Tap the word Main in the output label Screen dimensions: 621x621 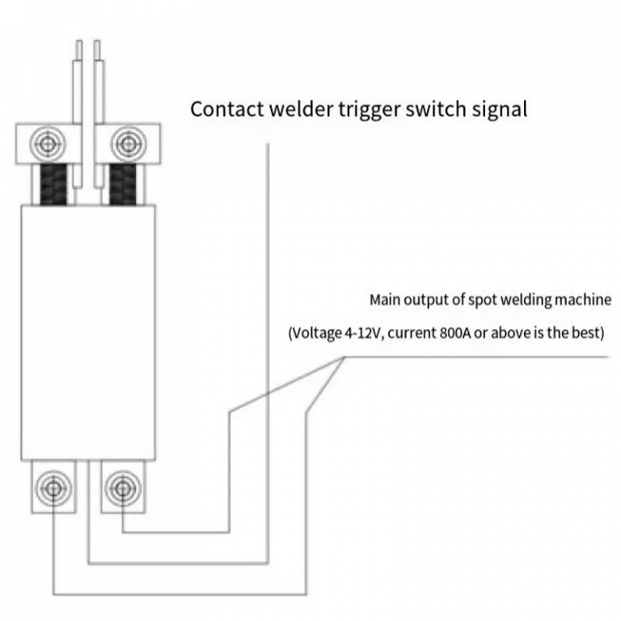[384, 300]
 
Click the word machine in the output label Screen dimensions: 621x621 [581, 300]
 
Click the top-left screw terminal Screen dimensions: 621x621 [44, 144]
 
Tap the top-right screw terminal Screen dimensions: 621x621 [125, 144]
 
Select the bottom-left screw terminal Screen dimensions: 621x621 [53, 487]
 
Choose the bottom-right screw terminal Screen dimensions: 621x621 [122, 487]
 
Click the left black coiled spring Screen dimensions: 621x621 [51, 184]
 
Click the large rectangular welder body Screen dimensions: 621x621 [87, 332]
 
